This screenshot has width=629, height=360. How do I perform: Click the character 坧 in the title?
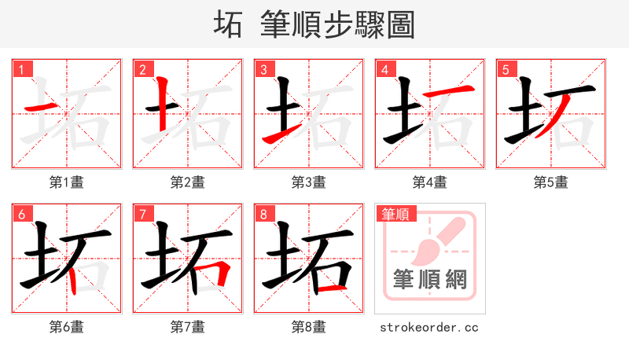coord(228,24)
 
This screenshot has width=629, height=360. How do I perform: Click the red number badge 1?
coord(21,70)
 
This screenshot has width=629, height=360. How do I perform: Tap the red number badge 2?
coord(142,70)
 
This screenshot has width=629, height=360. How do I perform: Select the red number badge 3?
coord(263,70)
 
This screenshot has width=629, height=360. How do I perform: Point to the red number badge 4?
coord(384,70)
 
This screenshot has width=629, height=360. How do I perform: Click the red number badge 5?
coord(506,70)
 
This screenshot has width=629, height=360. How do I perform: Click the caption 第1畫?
coord(67,182)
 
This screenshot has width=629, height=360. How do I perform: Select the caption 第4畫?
coord(430,182)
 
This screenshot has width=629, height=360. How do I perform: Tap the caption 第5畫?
coord(551,182)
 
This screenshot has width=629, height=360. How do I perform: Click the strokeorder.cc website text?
coord(429,327)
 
